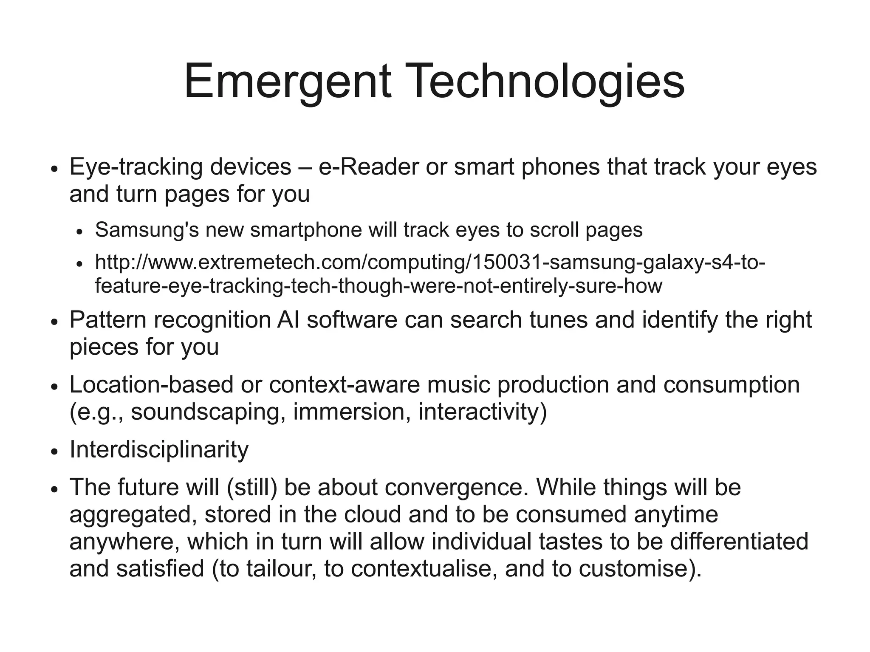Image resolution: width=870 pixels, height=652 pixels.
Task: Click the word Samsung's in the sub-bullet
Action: (147, 230)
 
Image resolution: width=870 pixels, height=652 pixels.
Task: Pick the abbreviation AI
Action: (288, 320)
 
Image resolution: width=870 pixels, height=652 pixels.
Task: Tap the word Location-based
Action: (151, 385)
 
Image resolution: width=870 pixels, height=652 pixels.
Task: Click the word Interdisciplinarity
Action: (159, 449)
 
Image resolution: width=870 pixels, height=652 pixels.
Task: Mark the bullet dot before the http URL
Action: (79, 265)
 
